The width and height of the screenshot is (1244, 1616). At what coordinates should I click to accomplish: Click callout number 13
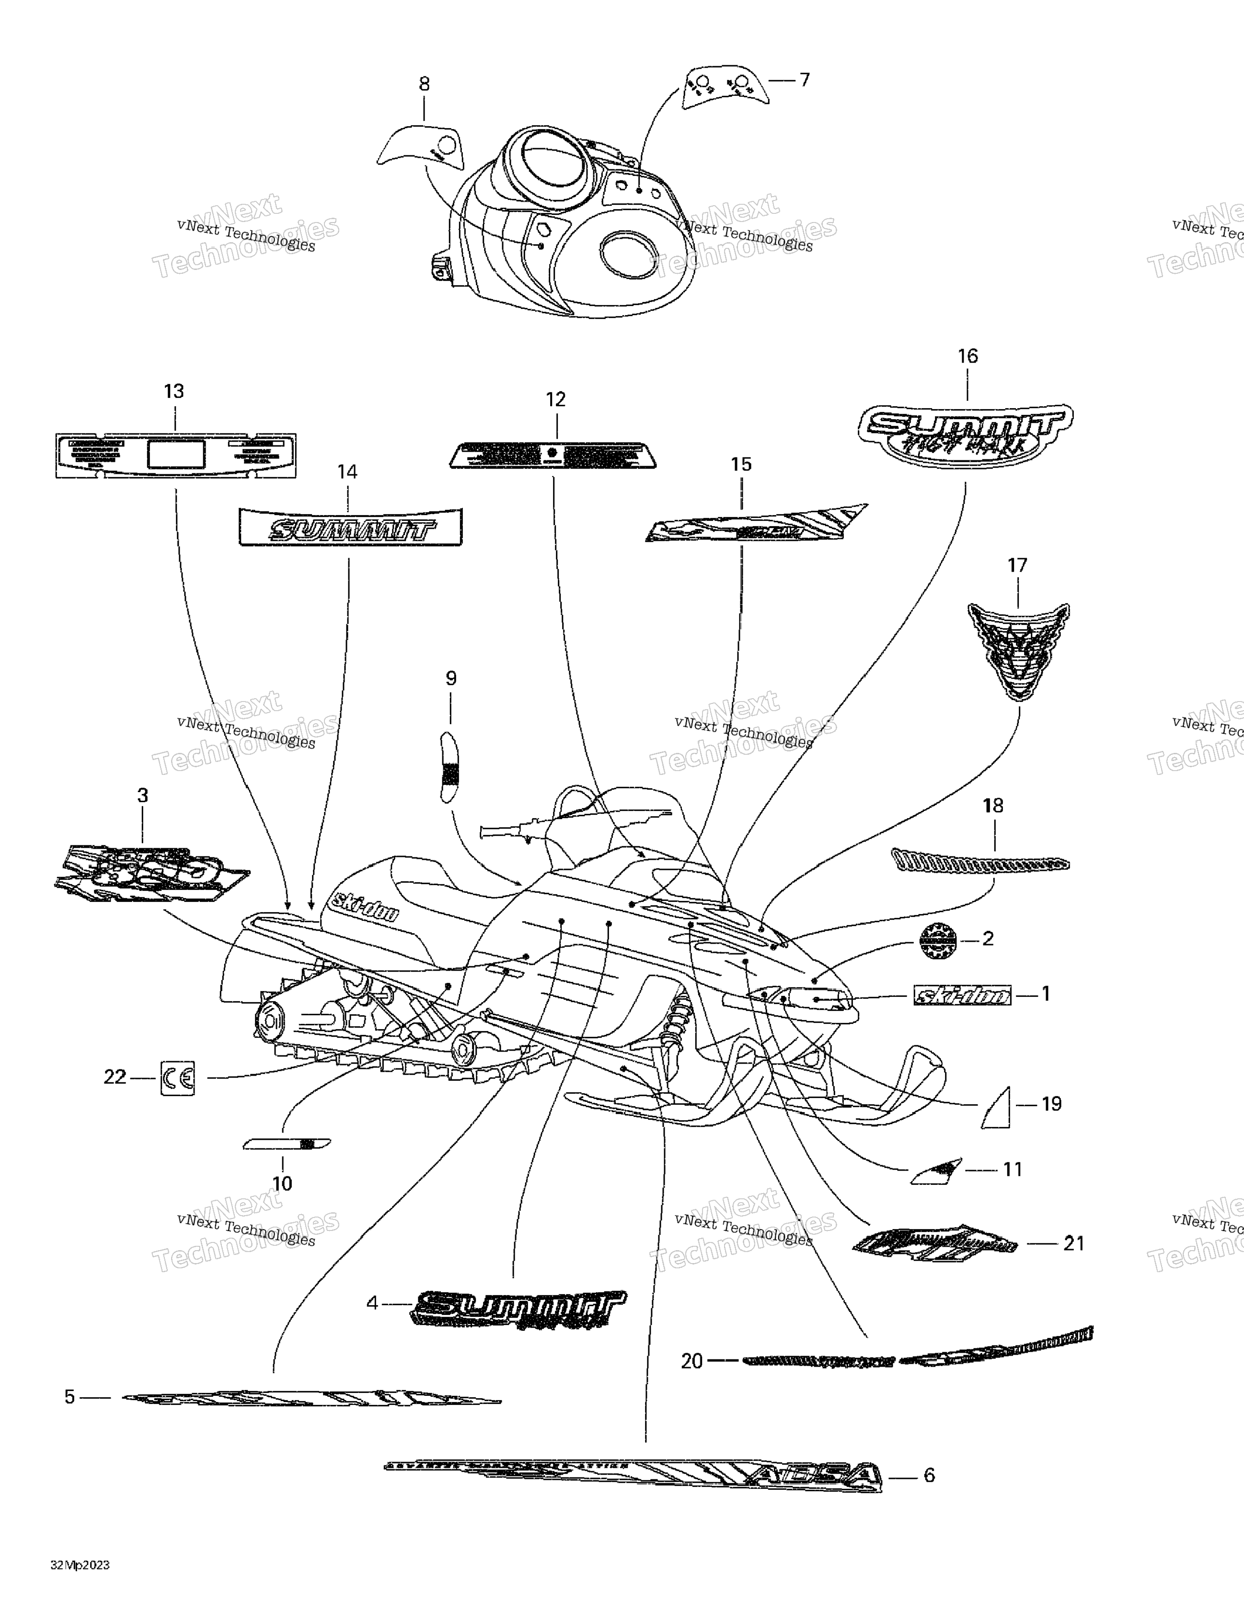click(x=174, y=391)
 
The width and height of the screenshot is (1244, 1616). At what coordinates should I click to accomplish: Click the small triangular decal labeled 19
click(x=997, y=1108)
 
